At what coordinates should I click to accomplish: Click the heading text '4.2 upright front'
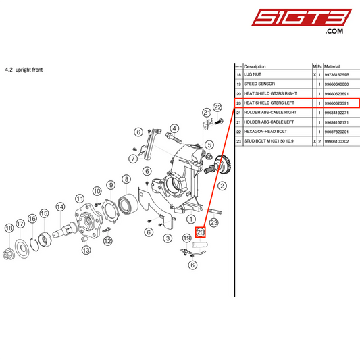[x=24, y=69]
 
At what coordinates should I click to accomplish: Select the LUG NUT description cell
[x=256, y=75]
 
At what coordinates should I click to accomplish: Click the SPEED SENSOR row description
[x=260, y=84]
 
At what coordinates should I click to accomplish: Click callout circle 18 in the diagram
[x=9, y=228]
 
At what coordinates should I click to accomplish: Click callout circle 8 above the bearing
[x=126, y=179]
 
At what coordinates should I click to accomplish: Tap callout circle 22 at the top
[x=217, y=107]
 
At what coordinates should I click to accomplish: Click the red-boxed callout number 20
[x=200, y=232]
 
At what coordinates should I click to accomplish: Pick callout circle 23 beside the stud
[x=213, y=222]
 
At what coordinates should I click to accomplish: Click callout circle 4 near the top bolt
[x=174, y=128]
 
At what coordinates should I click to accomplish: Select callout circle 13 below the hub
[x=86, y=250]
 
